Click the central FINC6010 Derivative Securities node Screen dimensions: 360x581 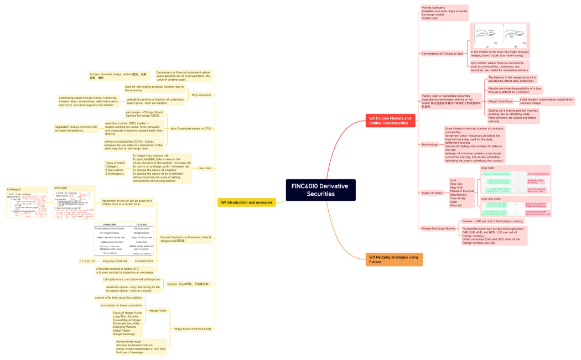point(321,190)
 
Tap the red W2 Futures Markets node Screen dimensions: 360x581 point(391,121)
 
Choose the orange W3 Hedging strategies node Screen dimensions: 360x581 point(394,259)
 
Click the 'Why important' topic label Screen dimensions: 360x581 point(201,95)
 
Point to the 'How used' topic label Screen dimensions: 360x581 point(205,168)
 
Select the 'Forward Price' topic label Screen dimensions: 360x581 point(144,260)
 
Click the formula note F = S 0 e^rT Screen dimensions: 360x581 point(87,260)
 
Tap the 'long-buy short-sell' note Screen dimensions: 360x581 point(115,260)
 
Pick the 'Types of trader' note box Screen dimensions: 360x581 point(115,168)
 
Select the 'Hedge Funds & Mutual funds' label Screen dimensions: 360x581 point(192,329)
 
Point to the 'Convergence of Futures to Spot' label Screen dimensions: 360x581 point(442,54)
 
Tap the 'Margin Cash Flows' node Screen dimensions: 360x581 point(500,102)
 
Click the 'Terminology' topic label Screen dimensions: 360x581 point(429,144)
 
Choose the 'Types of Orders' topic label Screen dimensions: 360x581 point(432,193)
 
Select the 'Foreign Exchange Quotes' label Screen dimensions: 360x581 point(438,228)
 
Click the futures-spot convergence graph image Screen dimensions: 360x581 point(500,36)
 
